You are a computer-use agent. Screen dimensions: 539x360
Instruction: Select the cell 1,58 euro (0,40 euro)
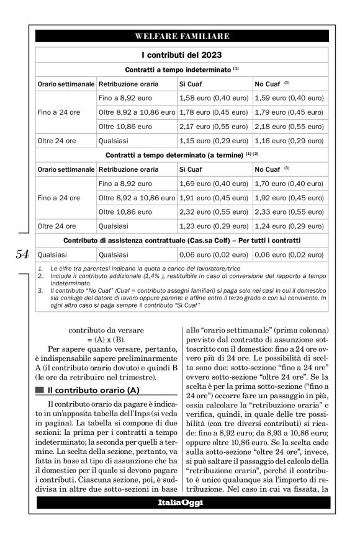click(x=214, y=98)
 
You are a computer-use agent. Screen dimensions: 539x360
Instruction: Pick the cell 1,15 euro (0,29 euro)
click(x=214, y=141)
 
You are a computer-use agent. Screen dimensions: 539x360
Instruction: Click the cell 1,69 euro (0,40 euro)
click(x=214, y=184)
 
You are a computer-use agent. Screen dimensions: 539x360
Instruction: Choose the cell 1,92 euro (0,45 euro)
click(x=289, y=198)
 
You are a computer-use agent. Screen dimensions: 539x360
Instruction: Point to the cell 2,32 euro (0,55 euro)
click(x=214, y=212)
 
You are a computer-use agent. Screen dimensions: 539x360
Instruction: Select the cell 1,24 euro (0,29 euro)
click(x=289, y=226)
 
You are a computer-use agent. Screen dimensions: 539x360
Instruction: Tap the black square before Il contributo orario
click(x=40, y=390)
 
